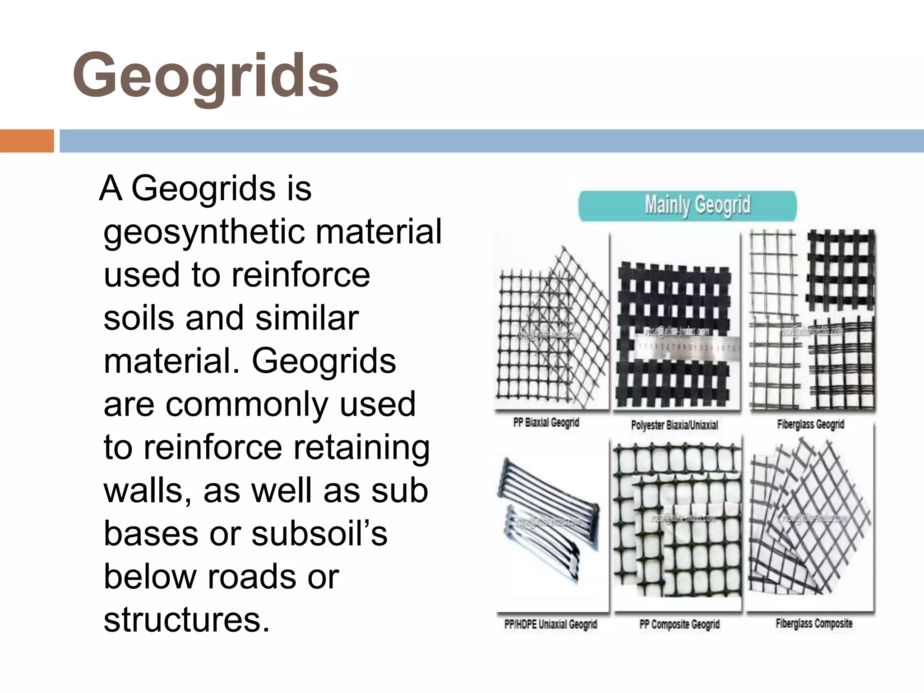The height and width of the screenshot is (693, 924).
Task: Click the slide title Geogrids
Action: (x=206, y=76)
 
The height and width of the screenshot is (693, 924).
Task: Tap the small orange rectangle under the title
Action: (x=27, y=141)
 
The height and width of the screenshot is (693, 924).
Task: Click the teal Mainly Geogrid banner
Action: (x=688, y=206)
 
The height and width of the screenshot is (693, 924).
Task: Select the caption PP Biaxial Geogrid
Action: (x=546, y=423)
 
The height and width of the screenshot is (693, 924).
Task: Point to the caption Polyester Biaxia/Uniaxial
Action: (x=674, y=425)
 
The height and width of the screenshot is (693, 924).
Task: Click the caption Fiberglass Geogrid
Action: (x=810, y=424)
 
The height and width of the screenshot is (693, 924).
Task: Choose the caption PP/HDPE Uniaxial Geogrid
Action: (x=550, y=624)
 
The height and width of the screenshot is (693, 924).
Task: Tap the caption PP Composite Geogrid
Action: (x=679, y=624)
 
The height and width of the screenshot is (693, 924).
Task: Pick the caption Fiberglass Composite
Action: (x=814, y=624)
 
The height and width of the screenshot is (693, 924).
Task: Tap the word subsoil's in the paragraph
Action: (x=319, y=534)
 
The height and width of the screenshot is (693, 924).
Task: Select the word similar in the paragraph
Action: (x=307, y=318)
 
